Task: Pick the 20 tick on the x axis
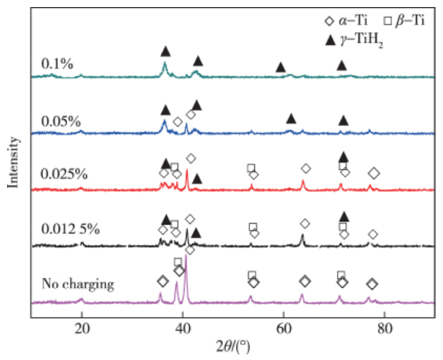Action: point(82,329)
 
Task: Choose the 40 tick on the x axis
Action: point(183,329)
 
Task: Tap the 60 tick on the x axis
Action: point(284,329)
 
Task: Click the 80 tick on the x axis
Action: point(384,329)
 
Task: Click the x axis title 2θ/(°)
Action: point(233,347)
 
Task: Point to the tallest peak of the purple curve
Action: point(185,257)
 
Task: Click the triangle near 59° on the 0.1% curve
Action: point(280,67)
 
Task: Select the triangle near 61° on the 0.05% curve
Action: point(290,119)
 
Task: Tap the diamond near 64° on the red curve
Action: point(306,168)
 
